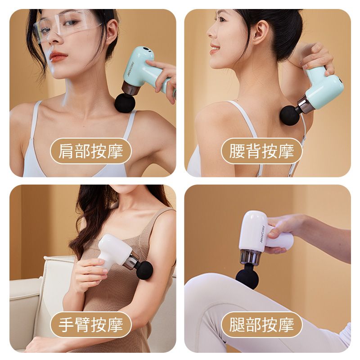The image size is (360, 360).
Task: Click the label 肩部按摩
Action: (x=91, y=151)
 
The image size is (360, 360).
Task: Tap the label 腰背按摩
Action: (x=261, y=151)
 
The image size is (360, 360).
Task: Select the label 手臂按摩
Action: (x=91, y=324)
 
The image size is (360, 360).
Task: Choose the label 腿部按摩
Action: (x=261, y=324)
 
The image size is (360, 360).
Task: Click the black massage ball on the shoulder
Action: (x=125, y=102)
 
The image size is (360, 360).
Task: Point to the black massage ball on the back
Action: (x=289, y=116)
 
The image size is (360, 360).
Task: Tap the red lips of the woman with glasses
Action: (x=58, y=56)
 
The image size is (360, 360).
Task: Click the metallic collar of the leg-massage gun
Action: (x=250, y=256)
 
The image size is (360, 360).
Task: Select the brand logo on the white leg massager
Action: (x=262, y=233)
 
